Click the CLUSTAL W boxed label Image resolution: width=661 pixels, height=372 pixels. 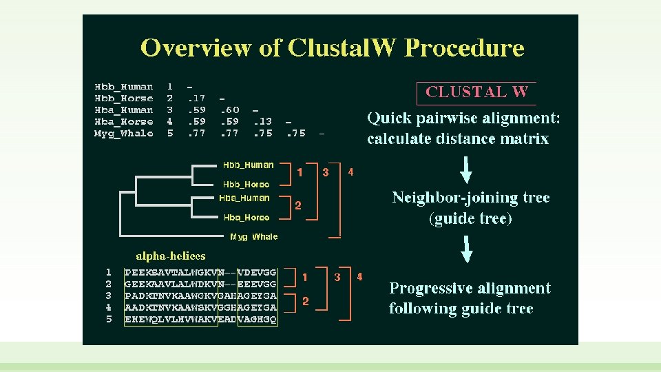pos(476,92)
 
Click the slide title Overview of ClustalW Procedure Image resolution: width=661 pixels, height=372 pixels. pos(332,48)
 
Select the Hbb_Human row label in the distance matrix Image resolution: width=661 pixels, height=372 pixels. pos(124,87)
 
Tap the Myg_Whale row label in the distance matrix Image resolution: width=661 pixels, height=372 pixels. pos(124,134)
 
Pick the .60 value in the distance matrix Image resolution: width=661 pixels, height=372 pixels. pos(229,110)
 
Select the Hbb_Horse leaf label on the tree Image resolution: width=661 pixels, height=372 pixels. pos(246,185)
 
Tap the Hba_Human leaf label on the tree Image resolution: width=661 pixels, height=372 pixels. pos(244,198)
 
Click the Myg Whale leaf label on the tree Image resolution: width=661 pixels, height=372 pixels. pos(254,237)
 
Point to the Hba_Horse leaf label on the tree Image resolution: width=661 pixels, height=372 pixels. pos(246,218)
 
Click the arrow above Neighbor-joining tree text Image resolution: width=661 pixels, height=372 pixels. pos(466,169)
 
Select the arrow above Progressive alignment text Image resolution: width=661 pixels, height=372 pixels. pos(467,249)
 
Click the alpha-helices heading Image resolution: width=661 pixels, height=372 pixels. pos(171,256)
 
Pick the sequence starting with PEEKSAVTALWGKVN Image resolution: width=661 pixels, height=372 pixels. pos(200,273)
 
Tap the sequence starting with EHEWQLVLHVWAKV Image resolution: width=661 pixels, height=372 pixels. pos(200,320)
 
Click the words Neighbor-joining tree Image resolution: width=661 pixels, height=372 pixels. pos(470,198)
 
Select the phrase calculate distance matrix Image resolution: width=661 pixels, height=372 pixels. pos(458,139)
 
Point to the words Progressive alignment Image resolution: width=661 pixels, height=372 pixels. pos(470,289)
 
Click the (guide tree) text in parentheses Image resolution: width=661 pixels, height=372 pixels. pos(470,219)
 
